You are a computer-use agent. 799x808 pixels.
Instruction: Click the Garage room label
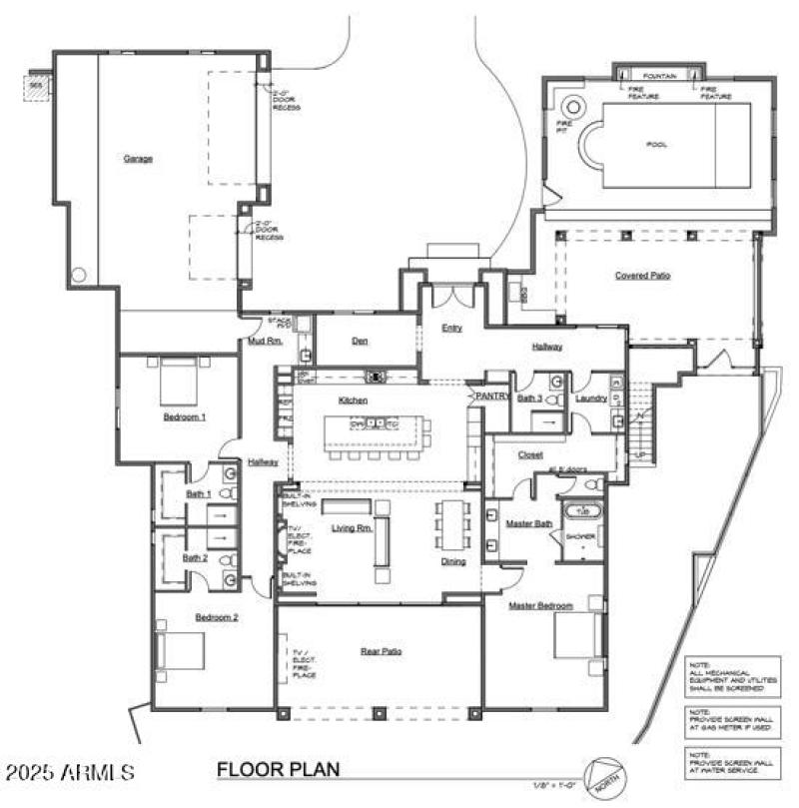tap(138, 158)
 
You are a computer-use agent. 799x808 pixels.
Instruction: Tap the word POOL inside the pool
tap(656, 144)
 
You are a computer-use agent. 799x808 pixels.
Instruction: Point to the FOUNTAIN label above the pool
tap(660, 76)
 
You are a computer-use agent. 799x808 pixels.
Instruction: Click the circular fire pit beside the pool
tap(574, 107)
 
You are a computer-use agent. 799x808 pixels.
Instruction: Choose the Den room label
tap(361, 341)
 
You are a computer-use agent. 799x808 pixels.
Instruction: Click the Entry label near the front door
tap(451, 327)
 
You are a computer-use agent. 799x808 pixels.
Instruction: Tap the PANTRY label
tap(492, 397)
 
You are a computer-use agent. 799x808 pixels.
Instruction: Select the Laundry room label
tap(591, 398)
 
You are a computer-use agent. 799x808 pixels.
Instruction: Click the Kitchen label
tap(354, 400)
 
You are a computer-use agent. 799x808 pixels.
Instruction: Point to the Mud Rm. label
tap(266, 341)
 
